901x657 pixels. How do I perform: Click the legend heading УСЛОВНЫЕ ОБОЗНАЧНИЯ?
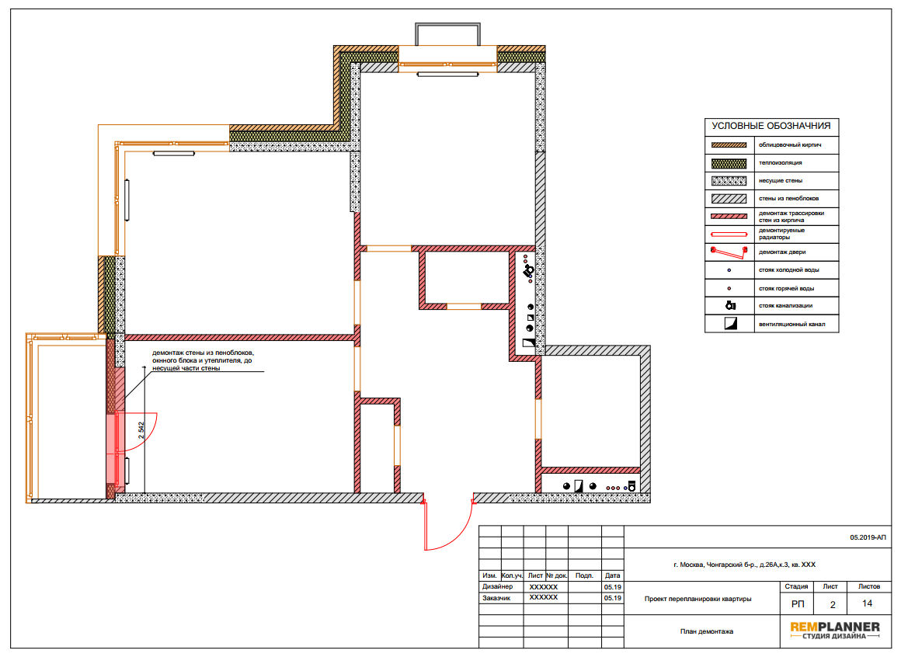771,126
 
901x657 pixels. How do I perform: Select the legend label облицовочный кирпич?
789,144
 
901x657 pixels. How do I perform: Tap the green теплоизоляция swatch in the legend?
729,163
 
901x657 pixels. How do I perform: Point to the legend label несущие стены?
781,180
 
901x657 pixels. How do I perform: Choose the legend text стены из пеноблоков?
788,198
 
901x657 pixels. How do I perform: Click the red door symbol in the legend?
729,252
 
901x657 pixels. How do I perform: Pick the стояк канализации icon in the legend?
730,305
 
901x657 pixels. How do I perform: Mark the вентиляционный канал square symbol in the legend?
730,323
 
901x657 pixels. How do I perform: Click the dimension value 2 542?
141,430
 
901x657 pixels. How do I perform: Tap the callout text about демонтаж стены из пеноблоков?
203,360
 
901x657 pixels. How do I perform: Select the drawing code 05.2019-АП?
868,537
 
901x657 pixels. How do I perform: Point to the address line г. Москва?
744,565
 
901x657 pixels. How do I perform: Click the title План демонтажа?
706,631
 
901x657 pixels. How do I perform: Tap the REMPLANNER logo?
834,630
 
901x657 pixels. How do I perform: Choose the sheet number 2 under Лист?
832,604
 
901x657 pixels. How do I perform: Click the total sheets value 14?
867,603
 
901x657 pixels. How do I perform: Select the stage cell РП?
798,604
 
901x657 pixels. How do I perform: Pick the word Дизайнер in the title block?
497,586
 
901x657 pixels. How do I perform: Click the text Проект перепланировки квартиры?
697,599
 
